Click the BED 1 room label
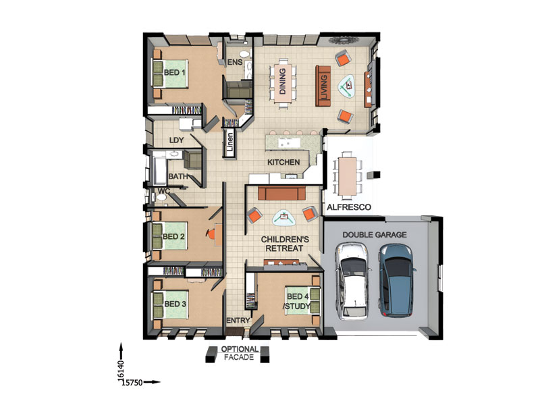pyautogui.click(x=175, y=72)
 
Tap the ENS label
pyautogui.click(x=235, y=62)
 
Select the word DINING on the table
pyautogui.click(x=282, y=81)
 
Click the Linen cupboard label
pyautogui.click(x=230, y=142)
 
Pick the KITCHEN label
pyautogui.click(x=283, y=162)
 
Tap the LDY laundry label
pyautogui.click(x=176, y=140)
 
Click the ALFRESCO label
pyautogui.click(x=349, y=207)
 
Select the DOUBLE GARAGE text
pyautogui.click(x=375, y=235)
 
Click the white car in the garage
pyautogui.click(x=352, y=281)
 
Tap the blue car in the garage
pyautogui.click(x=396, y=280)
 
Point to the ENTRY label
pyautogui.click(x=238, y=320)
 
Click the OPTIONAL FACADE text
pyautogui.click(x=240, y=353)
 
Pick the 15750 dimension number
pyautogui.click(x=132, y=382)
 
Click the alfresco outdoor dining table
pyautogui.click(x=348, y=176)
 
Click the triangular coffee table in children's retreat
pyautogui.click(x=283, y=217)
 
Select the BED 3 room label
pyautogui.click(x=175, y=304)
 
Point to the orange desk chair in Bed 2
pyautogui.click(x=211, y=234)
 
